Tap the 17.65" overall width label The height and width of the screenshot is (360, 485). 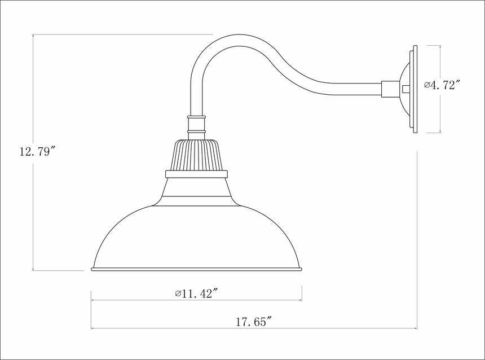[254, 322]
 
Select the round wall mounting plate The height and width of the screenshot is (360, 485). [413, 90]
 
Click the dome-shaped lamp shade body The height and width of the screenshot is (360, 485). [196, 237]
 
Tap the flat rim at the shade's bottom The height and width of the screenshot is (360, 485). [196, 270]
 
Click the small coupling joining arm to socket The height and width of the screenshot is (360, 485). [196, 126]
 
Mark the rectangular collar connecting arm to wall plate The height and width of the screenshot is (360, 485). [390, 89]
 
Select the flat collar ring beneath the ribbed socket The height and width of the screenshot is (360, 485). [196, 174]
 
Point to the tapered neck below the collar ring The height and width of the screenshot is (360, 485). [196, 189]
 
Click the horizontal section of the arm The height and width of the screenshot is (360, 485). [350, 89]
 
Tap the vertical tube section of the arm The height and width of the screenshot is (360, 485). [196, 96]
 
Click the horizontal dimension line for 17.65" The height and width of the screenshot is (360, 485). [169, 329]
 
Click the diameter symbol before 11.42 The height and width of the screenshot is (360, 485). [178, 293]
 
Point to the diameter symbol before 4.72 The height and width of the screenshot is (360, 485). [427, 86]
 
